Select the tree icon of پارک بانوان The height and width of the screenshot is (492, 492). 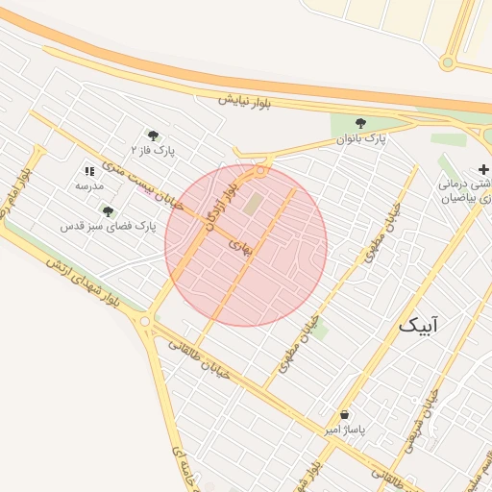[360, 123]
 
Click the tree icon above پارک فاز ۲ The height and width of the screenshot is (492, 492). [153, 135]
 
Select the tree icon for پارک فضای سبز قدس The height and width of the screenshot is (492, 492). [108, 210]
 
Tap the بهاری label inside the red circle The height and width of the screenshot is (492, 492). [239, 246]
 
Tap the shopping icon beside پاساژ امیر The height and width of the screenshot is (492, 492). [344, 414]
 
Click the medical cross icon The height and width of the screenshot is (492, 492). [483, 170]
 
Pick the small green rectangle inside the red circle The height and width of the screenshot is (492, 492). [254, 204]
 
